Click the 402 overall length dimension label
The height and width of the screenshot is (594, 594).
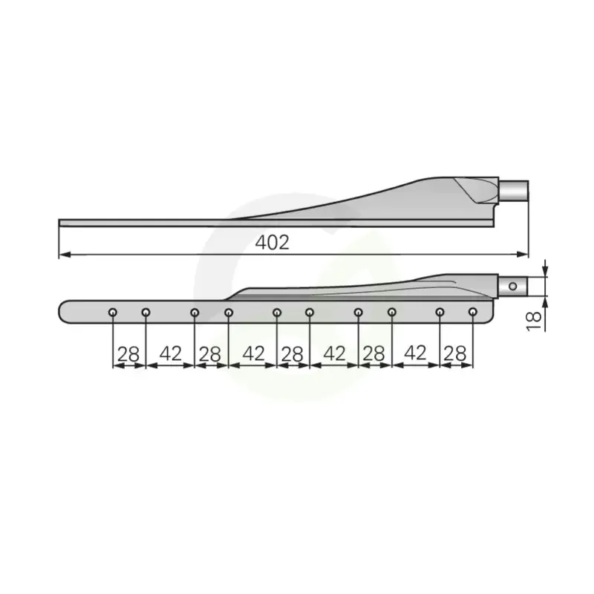point(272,243)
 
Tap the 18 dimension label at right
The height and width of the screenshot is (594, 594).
point(534,322)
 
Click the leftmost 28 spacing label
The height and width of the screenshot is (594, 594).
point(128,355)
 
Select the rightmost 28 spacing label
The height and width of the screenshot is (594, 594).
point(454,354)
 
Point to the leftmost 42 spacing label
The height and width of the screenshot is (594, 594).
point(171,354)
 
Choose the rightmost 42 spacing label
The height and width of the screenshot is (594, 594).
point(415,353)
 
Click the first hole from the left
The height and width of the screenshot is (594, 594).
point(113,313)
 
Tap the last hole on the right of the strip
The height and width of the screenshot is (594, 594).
point(472,312)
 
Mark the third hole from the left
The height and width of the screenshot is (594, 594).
point(195,313)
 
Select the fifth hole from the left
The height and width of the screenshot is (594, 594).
point(276,313)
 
